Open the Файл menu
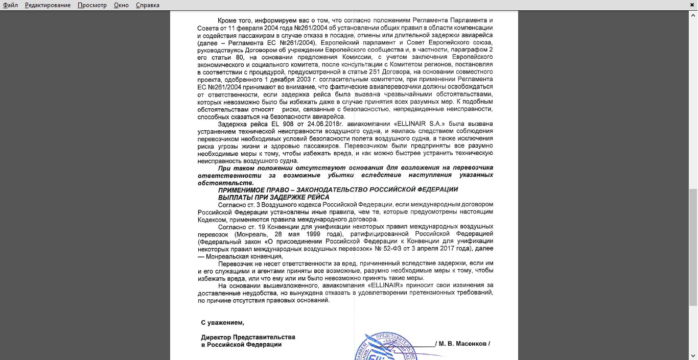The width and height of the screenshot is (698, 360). coord(10,5)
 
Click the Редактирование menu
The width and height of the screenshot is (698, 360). coord(48,5)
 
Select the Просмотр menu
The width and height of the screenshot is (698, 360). coord(92,5)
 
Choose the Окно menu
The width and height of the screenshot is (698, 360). coord(121,5)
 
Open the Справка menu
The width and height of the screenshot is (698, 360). coord(148,5)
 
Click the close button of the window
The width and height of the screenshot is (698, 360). coord(692,5)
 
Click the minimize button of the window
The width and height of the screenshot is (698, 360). coord(675,5)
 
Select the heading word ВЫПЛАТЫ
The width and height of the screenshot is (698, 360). coord(234,197)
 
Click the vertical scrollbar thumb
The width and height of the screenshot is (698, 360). coord(693,248)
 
